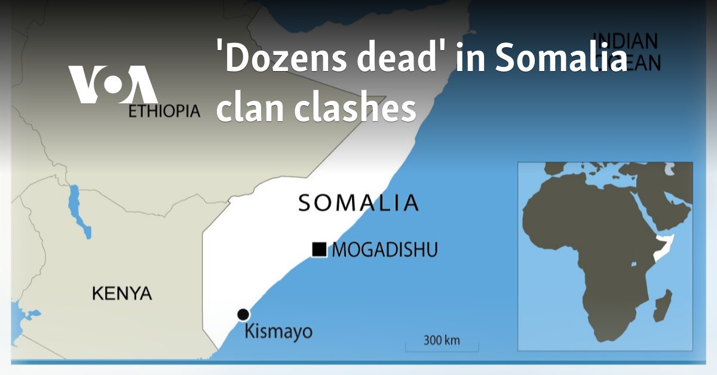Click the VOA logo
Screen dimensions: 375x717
pyautogui.click(x=113, y=84)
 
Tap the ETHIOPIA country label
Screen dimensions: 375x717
pyautogui.click(x=164, y=111)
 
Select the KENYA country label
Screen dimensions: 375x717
pyautogui.click(x=122, y=293)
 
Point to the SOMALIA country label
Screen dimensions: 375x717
pyautogui.click(x=358, y=203)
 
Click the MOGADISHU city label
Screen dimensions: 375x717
pyautogui.click(x=384, y=250)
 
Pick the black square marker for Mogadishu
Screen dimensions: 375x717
pyautogui.click(x=320, y=250)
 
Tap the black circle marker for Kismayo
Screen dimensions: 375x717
pyautogui.click(x=243, y=315)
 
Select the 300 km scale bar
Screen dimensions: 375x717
pyautogui.click(x=442, y=345)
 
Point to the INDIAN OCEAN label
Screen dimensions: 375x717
pyautogui.click(x=625, y=51)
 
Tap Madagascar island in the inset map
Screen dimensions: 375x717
pyautogui.click(x=663, y=306)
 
